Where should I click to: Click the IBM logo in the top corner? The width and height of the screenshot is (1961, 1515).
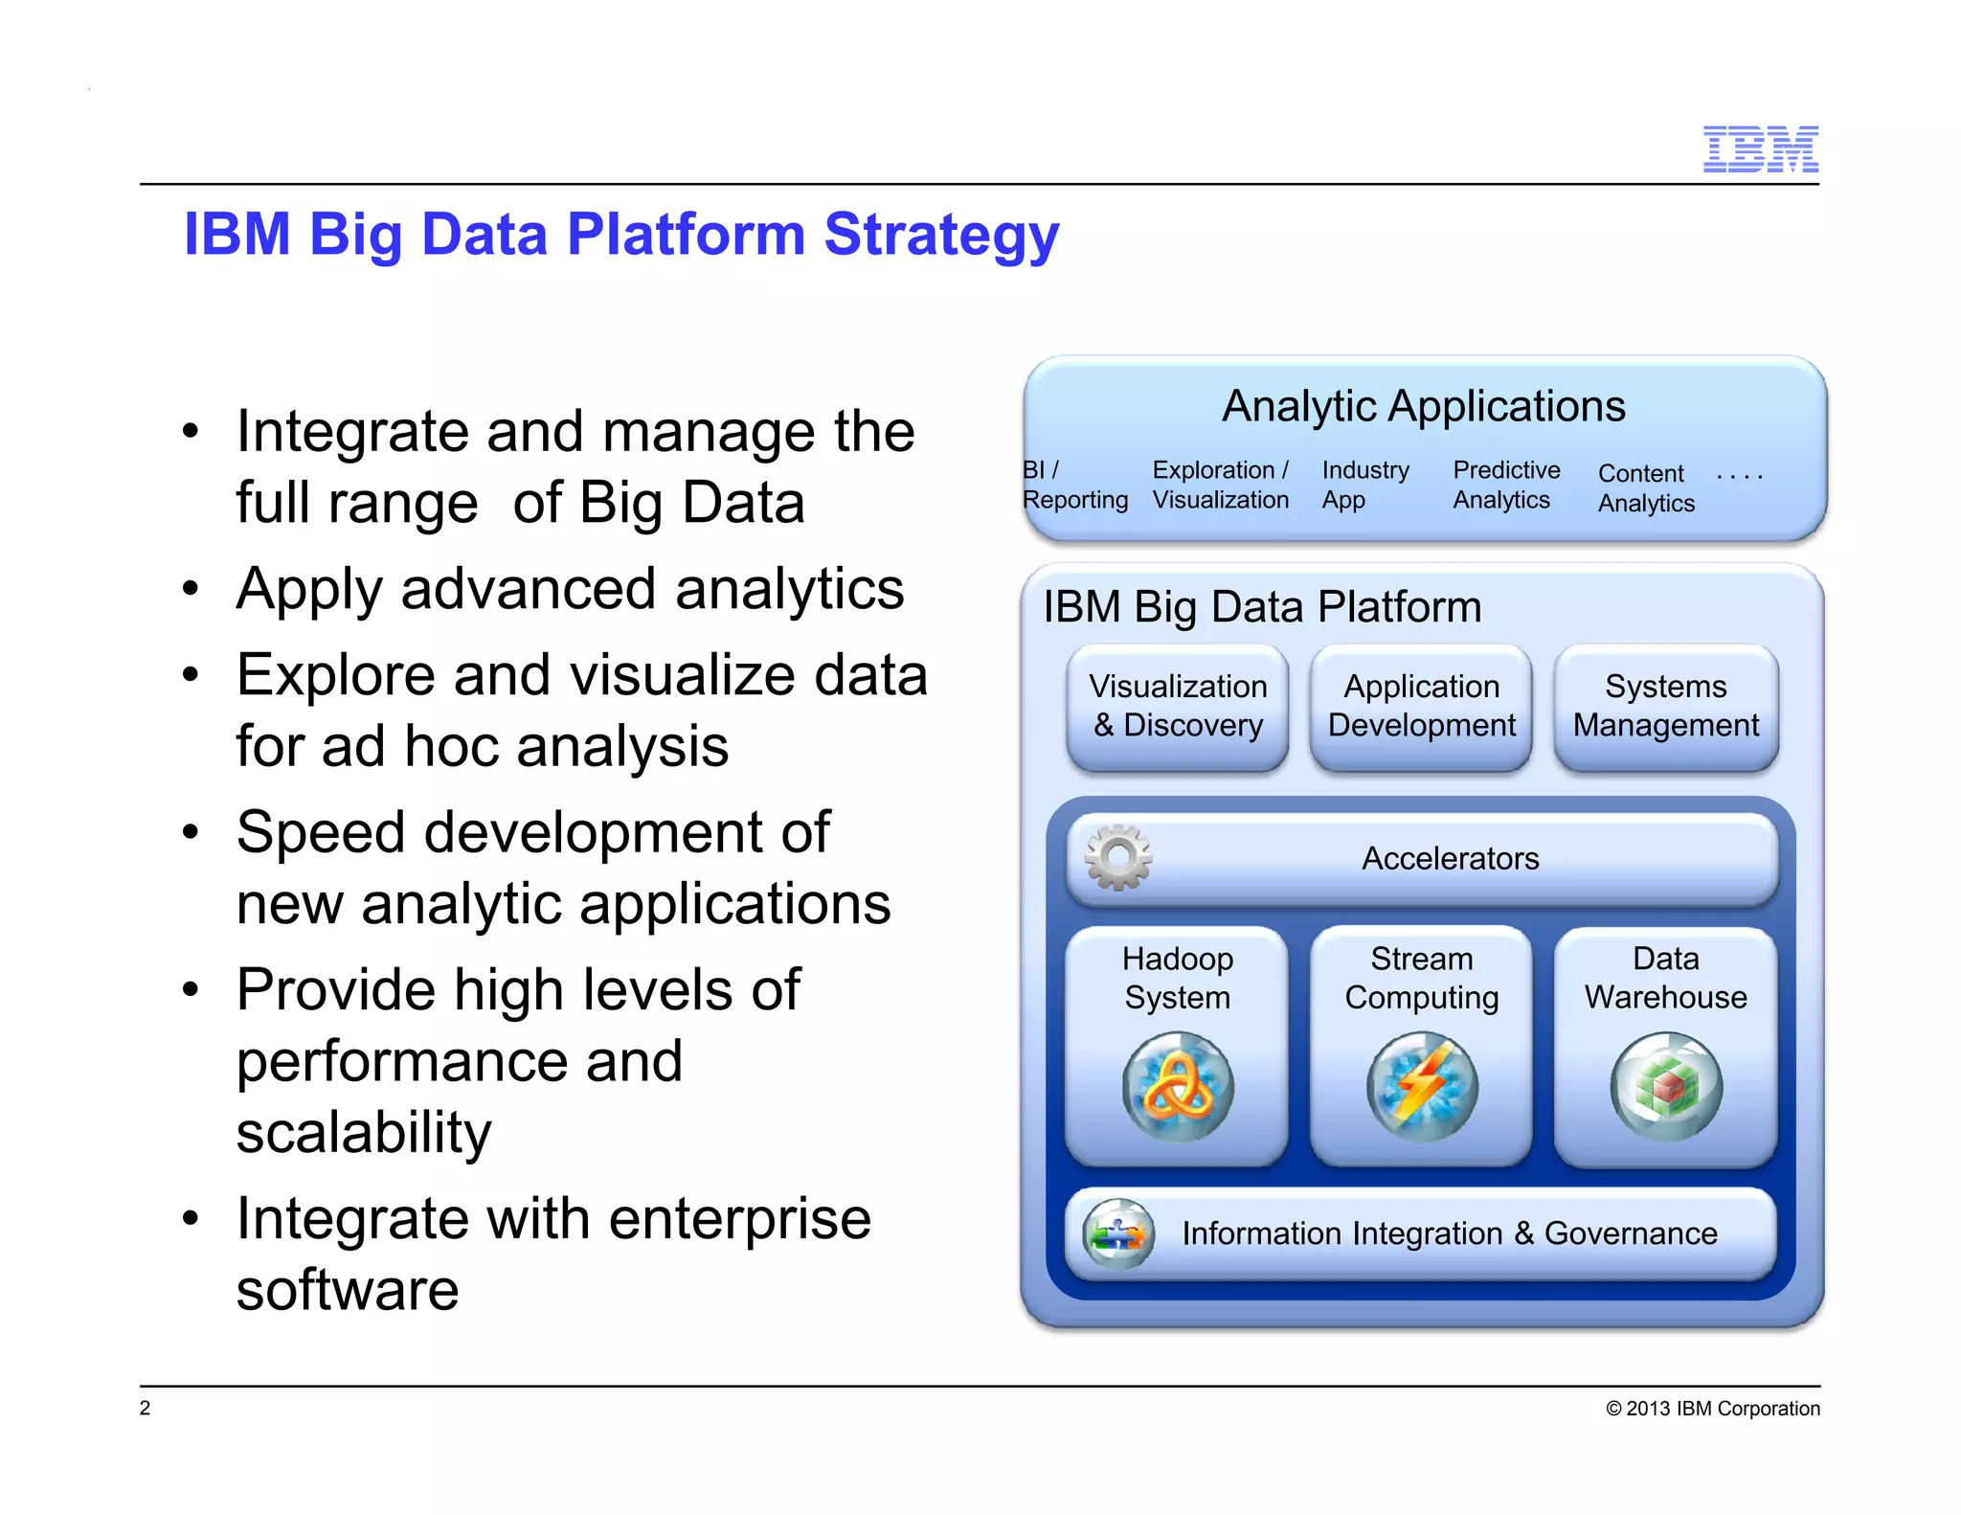[x=1760, y=149]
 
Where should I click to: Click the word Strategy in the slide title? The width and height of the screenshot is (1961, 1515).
[x=941, y=235]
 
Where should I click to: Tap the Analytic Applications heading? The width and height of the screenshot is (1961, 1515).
[x=1423, y=406]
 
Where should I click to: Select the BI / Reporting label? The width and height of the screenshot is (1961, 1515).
[x=1073, y=486]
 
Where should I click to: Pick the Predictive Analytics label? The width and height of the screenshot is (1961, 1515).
[x=1505, y=486]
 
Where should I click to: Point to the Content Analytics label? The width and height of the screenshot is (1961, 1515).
[x=1645, y=488]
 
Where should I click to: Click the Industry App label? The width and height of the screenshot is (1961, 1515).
[x=1364, y=486]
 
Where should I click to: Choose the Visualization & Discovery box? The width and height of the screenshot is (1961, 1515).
[x=1178, y=707]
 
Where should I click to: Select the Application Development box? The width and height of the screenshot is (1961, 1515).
[x=1421, y=707]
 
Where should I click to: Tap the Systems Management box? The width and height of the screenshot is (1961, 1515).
[x=1665, y=707]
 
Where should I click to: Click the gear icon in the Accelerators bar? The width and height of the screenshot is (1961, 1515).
[x=1117, y=857]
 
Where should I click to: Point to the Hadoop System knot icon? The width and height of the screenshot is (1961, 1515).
[x=1178, y=1086]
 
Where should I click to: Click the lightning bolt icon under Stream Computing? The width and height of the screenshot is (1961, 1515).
[x=1422, y=1086]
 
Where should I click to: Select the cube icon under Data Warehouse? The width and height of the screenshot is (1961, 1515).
[x=1666, y=1086]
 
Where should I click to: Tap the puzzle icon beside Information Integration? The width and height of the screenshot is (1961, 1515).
[x=1117, y=1233]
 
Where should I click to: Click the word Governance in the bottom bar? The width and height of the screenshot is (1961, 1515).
[x=1630, y=1233]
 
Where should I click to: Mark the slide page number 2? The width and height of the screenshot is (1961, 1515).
[x=146, y=1408]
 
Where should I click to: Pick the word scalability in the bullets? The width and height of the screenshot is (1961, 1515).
[x=364, y=1132]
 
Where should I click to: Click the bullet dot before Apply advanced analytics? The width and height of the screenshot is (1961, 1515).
[x=191, y=589]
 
